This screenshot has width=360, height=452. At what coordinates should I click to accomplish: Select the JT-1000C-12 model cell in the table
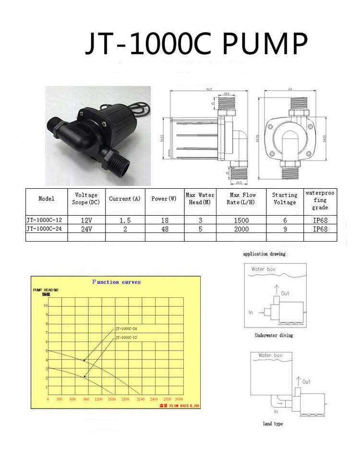pyautogui.click(x=46, y=220)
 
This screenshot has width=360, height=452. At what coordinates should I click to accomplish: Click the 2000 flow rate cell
pyautogui.click(x=241, y=229)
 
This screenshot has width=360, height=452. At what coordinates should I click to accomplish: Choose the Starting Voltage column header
pyautogui.click(x=285, y=198)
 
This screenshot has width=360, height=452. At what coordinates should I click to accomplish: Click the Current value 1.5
pyautogui.click(x=125, y=220)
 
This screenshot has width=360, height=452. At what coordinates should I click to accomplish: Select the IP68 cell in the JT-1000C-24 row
pyautogui.click(x=320, y=229)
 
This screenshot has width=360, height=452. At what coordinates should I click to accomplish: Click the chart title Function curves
pyautogui.click(x=117, y=282)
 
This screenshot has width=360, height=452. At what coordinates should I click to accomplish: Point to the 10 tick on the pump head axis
pyautogui.click(x=46, y=305)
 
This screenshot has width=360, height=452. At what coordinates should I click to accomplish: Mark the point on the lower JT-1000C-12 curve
pyautogui.click(x=85, y=377)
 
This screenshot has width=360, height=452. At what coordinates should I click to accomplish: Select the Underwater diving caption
pyautogui.click(x=274, y=335)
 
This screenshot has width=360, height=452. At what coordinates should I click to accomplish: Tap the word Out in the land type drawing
pyautogui.click(x=306, y=382)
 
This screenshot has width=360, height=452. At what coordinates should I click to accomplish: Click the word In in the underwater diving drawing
pyautogui.click(x=251, y=312)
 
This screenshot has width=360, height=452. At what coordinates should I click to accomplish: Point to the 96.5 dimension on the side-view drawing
pyautogui.click(x=209, y=89)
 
